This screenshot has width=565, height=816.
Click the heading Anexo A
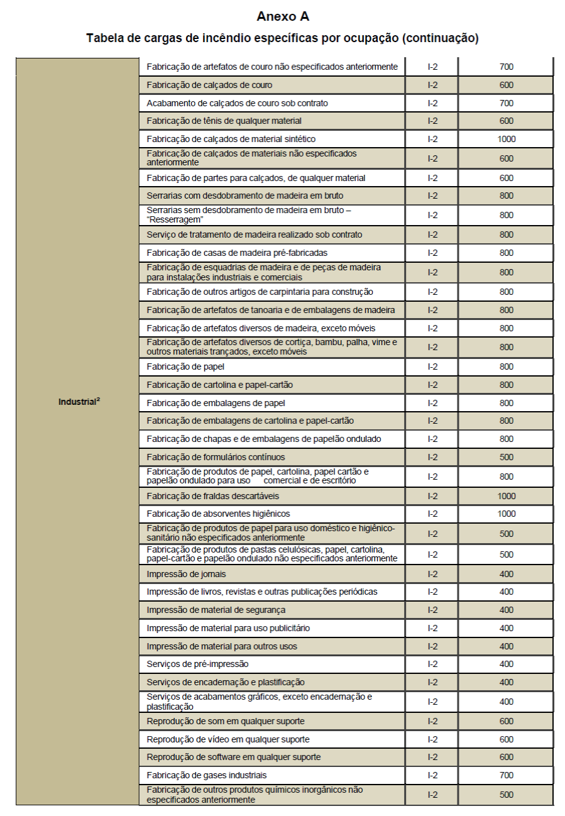pyautogui.click(x=283, y=16)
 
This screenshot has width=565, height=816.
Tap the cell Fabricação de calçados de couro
pyautogui.click(x=209, y=85)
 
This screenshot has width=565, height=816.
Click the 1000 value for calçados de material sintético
pyautogui.click(x=506, y=139)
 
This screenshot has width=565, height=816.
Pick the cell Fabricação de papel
pyautogui.click(x=185, y=367)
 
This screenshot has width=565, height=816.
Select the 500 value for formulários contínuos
pyautogui.click(x=506, y=457)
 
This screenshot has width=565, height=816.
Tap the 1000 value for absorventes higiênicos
pyautogui.click(x=506, y=514)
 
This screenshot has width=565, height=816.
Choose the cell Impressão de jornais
pyautogui.click(x=186, y=574)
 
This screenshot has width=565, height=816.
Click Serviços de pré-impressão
pyautogui.click(x=197, y=664)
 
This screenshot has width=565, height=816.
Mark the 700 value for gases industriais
pyautogui.click(x=506, y=775)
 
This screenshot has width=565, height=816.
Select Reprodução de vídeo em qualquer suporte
pyautogui.click(x=228, y=739)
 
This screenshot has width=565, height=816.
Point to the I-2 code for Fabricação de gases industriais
pyautogui.click(x=432, y=775)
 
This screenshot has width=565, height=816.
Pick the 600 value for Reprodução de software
pyautogui.click(x=506, y=757)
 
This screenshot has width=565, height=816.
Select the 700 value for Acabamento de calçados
pyautogui.click(x=506, y=103)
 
